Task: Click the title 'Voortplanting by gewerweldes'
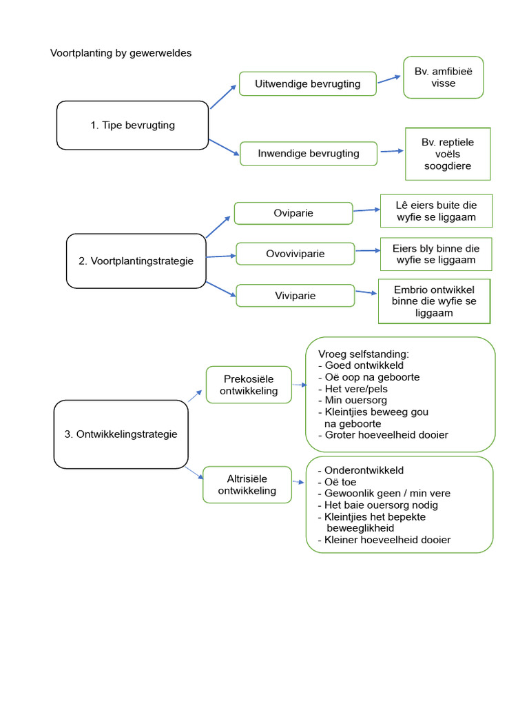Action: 121,53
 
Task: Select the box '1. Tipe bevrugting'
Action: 132,125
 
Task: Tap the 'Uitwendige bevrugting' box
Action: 307,84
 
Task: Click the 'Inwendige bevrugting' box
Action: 308,153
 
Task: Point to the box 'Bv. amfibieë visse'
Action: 443,77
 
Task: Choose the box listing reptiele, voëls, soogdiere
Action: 448,154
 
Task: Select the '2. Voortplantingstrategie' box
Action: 136,261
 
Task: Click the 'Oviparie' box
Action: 293,213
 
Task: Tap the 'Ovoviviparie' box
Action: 295,254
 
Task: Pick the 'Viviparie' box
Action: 295,295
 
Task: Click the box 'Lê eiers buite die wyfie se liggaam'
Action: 436,211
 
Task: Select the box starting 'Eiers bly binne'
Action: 436,254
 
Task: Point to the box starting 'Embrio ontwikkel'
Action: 434,301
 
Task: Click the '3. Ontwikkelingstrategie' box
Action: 121,434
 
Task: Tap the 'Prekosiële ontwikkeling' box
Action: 249,385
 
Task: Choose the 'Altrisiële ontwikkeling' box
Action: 247,485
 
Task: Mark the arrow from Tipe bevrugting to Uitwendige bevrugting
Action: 222,97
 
